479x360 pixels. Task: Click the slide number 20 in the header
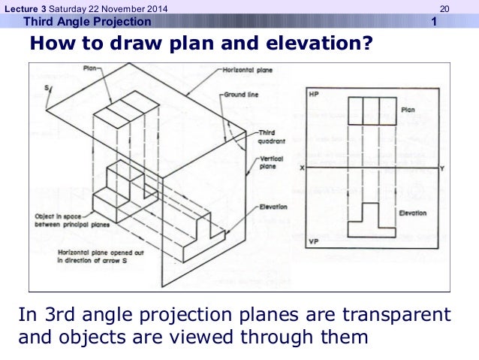444,8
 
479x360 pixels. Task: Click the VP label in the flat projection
315,242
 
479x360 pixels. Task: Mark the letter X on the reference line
302,168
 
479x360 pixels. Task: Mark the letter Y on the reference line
441,168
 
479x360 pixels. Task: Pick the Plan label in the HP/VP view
408,110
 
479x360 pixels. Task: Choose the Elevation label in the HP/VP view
412,213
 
